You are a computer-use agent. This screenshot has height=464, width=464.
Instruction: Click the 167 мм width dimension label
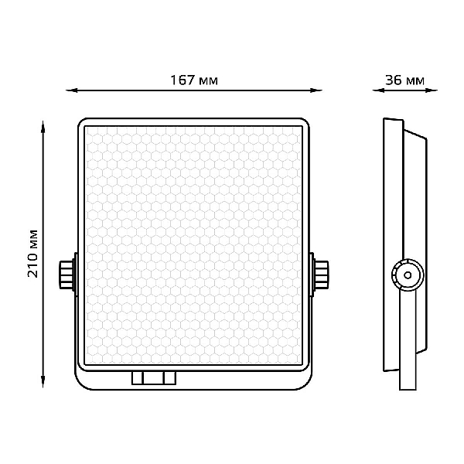click(x=194, y=80)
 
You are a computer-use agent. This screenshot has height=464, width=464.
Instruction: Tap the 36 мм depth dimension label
click(x=404, y=80)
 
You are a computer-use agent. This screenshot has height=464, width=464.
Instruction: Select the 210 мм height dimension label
click(x=32, y=254)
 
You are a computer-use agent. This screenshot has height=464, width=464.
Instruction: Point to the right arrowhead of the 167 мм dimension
click(x=316, y=90)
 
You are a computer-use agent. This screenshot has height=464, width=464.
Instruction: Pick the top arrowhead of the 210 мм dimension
click(x=43, y=127)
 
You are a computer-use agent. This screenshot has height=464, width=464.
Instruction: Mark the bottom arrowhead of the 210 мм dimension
click(x=43, y=381)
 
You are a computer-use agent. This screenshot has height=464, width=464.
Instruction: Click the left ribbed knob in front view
click(x=67, y=275)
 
